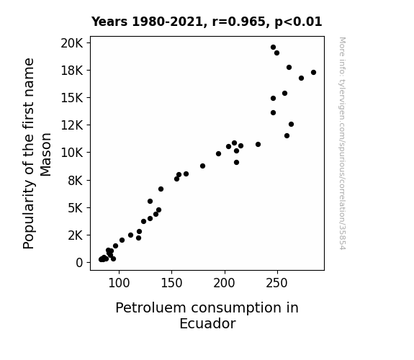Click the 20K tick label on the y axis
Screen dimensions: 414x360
click(72, 43)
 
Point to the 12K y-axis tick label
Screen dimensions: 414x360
click(72, 125)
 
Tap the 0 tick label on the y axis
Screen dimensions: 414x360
click(79, 263)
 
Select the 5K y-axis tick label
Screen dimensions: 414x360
click(76, 208)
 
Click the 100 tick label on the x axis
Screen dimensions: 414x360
click(119, 283)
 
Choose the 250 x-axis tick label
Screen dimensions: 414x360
click(276, 283)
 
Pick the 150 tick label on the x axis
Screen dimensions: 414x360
click(171, 283)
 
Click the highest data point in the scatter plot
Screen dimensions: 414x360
click(273, 48)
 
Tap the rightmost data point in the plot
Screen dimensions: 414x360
click(313, 73)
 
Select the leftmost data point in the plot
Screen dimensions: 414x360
click(101, 259)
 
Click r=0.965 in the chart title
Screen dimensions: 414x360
click(239, 22)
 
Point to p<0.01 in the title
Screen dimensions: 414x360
click(298, 22)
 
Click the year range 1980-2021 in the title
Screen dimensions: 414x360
click(167, 22)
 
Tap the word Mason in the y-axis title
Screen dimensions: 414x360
click(45, 155)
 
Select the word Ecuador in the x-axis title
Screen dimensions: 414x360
click(207, 324)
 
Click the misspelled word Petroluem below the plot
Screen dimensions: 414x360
click(150, 308)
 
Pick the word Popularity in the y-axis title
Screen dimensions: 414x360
click(29, 215)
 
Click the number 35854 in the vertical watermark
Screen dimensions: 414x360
click(342, 237)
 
